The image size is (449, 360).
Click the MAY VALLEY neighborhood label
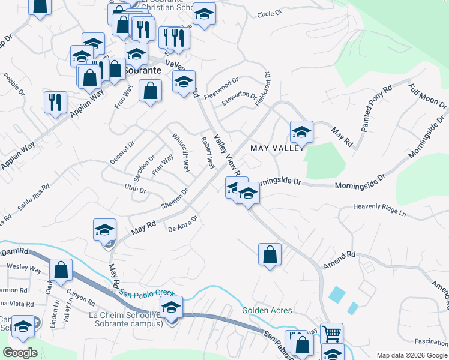[x=276, y=148]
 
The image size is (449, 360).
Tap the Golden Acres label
[x=267, y=310]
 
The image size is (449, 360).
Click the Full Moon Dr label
[x=427, y=96]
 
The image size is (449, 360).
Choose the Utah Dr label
[x=135, y=189]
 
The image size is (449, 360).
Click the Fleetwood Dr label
[x=221, y=88]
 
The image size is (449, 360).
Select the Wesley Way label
[x=23, y=267]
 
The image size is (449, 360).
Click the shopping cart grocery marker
[x=331, y=333]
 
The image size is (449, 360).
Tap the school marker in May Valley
[x=301, y=132]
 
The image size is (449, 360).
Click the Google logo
[x=20, y=353]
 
